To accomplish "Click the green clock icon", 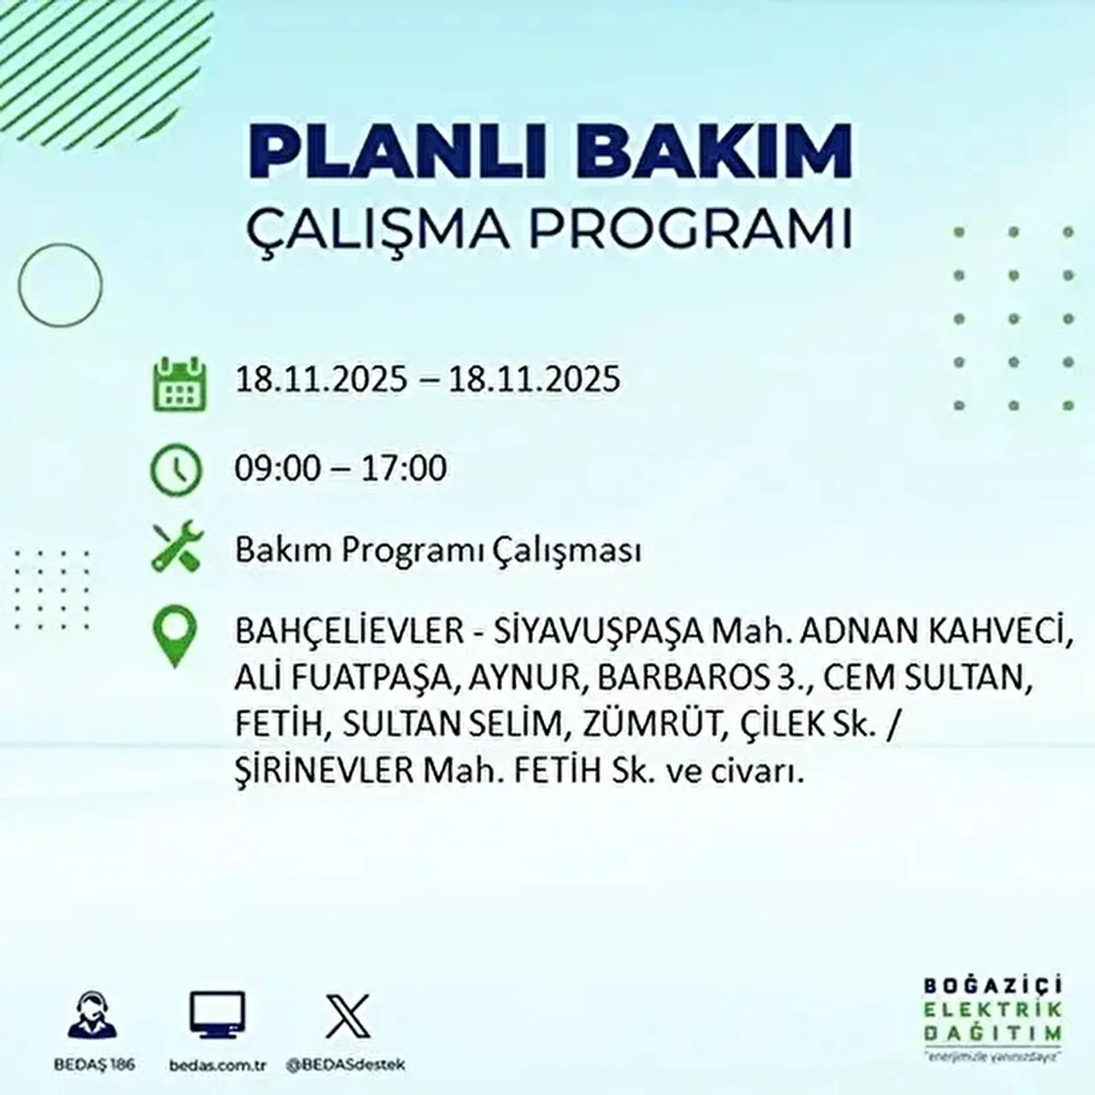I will tap(176, 470).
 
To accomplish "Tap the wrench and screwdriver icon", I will tap(176, 547).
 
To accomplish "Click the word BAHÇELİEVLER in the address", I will tap(349, 633).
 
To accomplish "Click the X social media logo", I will tap(348, 1017).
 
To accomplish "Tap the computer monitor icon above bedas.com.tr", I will tap(217, 1016).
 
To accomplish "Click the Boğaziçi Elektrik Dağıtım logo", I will tap(993, 1017).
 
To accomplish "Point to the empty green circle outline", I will tap(60, 284).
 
